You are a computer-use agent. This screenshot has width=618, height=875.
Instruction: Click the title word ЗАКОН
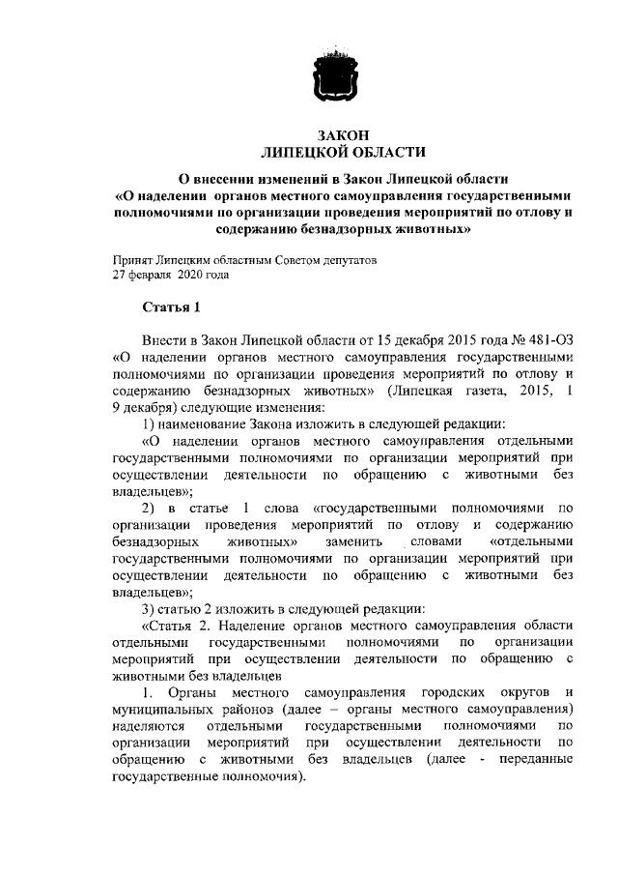click(x=344, y=135)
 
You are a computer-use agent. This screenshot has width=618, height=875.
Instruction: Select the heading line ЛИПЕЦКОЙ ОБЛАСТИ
click(x=344, y=153)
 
